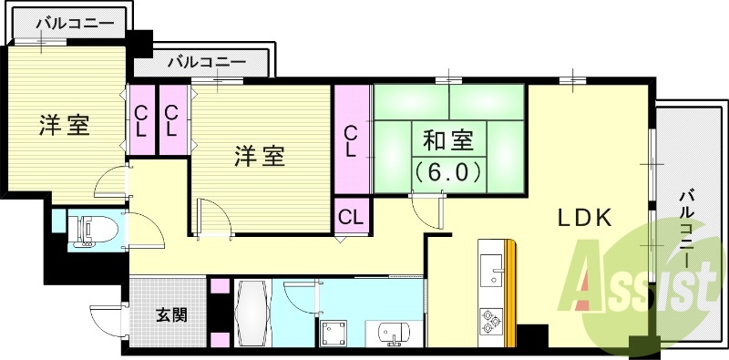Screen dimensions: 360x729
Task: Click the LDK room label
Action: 584,218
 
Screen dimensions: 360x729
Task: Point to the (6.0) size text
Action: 447,170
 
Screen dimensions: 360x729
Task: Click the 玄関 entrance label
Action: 170,315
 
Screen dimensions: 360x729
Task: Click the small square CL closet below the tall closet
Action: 351,217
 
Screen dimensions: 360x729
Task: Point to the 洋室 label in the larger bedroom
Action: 261,156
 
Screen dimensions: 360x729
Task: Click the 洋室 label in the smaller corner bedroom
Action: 64,126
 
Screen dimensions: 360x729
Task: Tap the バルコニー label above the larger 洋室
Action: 206,63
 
